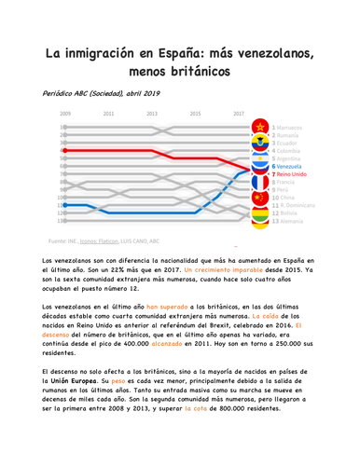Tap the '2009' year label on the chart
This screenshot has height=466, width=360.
click(x=66, y=114)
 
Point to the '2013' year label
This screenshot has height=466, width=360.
click(x=152, y=114)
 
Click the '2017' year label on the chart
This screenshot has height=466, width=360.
click(x=239, y=114)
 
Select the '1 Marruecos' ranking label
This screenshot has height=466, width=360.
click(x=293, y=127)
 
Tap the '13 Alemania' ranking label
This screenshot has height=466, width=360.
click(x=292, y=222)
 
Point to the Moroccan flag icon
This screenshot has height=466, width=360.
click(x=258, y=128)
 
